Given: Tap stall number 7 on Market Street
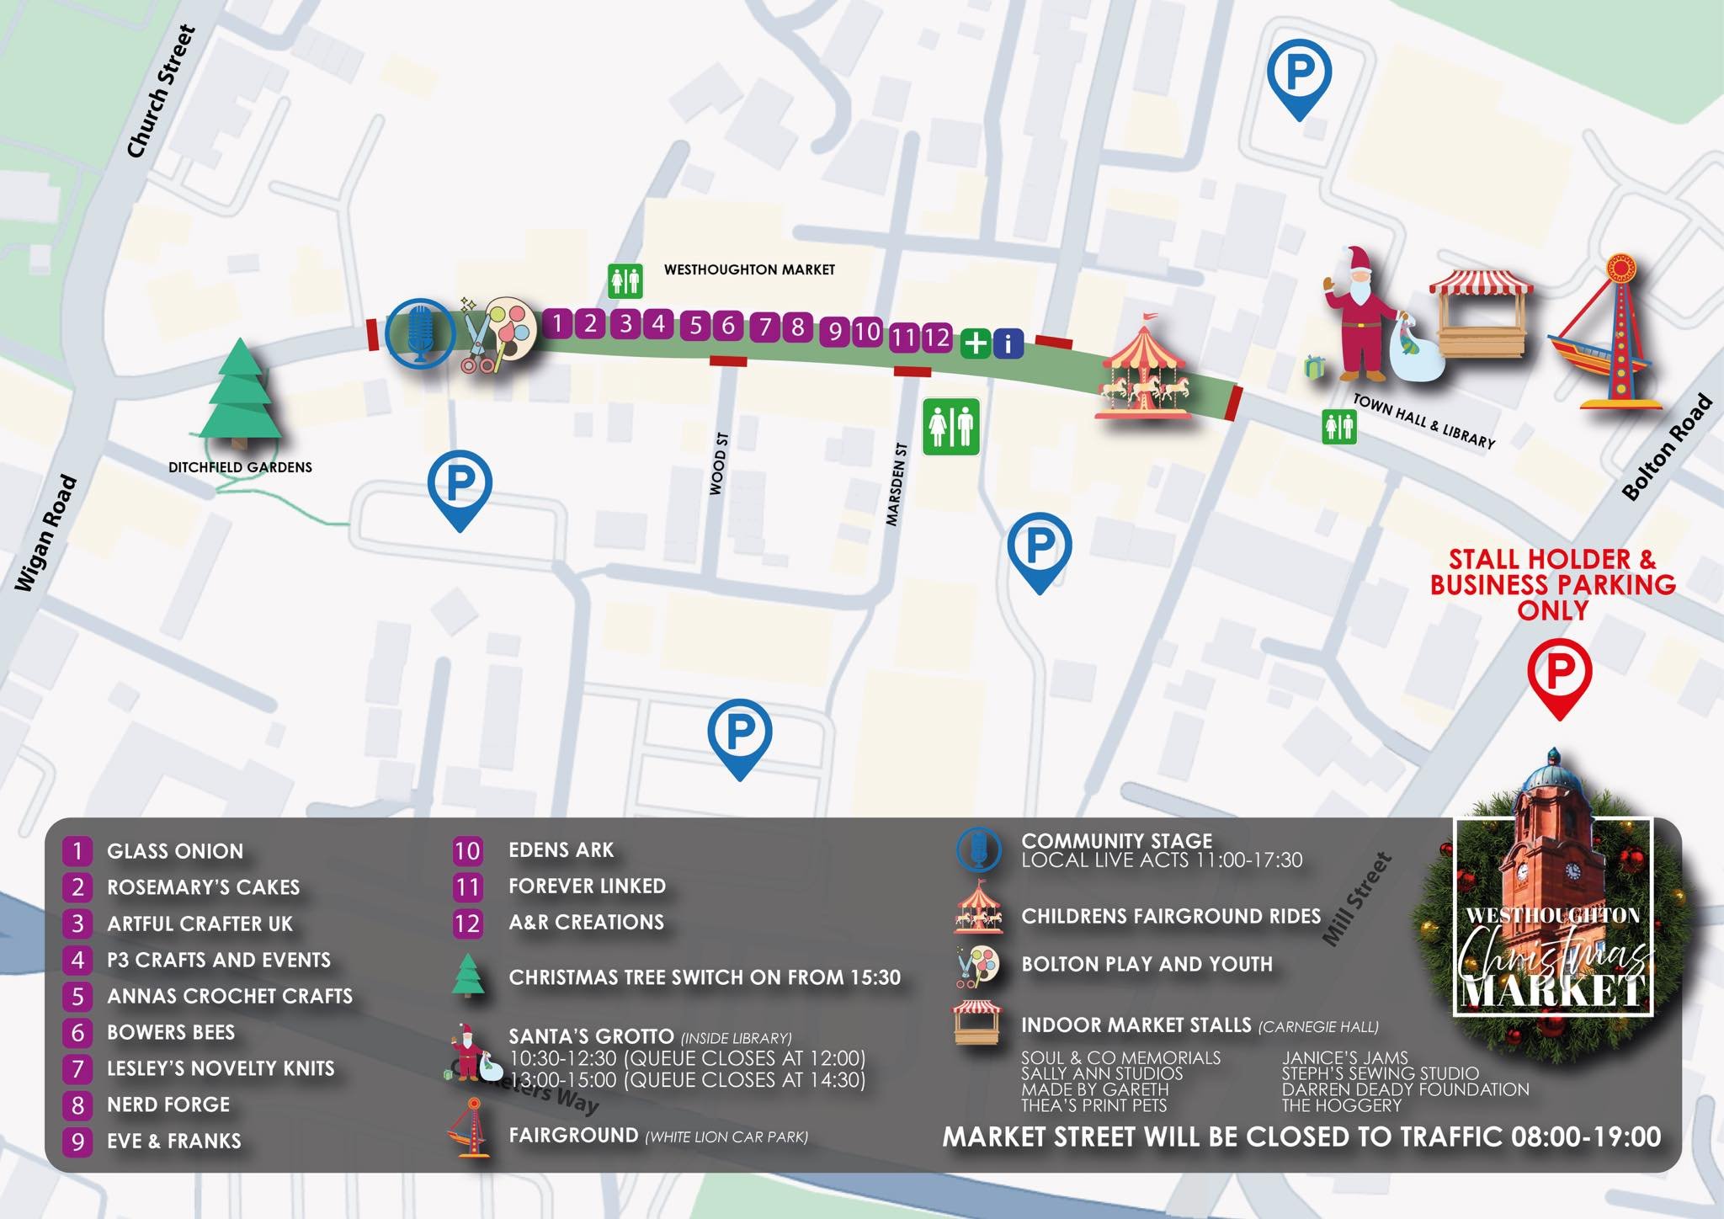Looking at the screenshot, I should pos(764,327).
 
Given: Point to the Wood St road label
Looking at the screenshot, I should pos(718,463).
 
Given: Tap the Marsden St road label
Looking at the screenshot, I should pos(897,484).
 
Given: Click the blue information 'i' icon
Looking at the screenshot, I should pos(1008,343).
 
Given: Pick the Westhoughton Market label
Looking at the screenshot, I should pos(749,269).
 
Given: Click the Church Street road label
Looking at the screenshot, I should pos(162,91).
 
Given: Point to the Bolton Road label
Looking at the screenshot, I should pos(1667,447).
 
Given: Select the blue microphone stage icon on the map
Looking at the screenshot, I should pos(420,333).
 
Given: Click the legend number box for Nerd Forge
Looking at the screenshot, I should pos(77,1105).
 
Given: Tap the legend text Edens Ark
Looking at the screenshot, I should pos(561,850).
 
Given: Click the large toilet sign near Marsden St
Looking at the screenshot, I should pos(951,427).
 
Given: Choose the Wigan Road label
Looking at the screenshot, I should pos(46,533).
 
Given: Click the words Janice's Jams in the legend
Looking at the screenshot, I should pos(1344,1057).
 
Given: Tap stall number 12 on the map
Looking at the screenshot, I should pos(936,338).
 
